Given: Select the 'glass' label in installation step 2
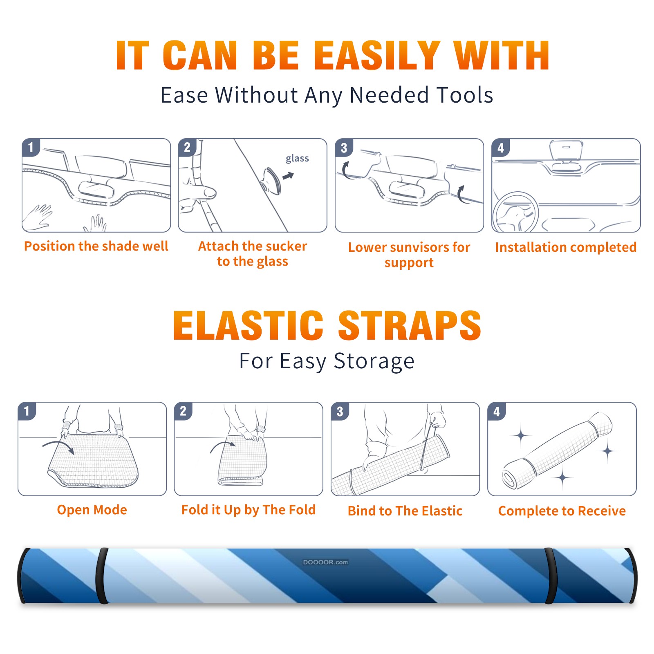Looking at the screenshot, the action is coord(297,159).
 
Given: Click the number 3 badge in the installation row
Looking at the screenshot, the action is coord(343,148).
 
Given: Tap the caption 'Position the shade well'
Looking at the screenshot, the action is coord(96,246).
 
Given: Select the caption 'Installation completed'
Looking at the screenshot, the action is coord(566,247).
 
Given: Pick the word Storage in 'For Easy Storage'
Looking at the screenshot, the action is coord(374,361).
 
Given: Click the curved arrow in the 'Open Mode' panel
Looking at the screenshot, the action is coord(58,446).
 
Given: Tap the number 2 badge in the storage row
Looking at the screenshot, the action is coord(183,411).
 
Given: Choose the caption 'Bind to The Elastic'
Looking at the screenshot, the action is coord(405,511).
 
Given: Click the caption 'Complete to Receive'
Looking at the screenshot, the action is coord(562,511).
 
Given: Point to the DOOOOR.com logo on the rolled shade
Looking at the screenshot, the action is coord(325,562).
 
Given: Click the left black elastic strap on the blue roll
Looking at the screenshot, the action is coord(102,576).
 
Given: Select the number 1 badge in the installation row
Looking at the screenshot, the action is coord(31,147).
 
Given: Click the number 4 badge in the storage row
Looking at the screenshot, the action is coord(496,411).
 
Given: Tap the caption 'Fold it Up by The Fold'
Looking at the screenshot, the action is coord(248,510).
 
